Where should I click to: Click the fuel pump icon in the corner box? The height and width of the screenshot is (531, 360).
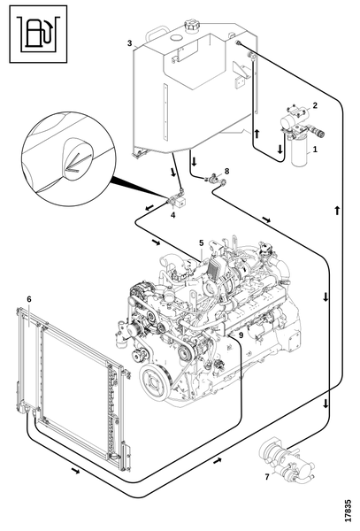click(38, 34)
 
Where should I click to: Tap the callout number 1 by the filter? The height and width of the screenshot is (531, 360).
click(315, 149)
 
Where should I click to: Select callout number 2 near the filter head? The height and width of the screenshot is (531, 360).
click(315, 105)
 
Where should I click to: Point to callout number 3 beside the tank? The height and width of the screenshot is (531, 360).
click(130, 43)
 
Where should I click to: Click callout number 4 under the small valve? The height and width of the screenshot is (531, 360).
click(172, 215)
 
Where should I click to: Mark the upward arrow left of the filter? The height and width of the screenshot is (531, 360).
click(257, 133)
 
